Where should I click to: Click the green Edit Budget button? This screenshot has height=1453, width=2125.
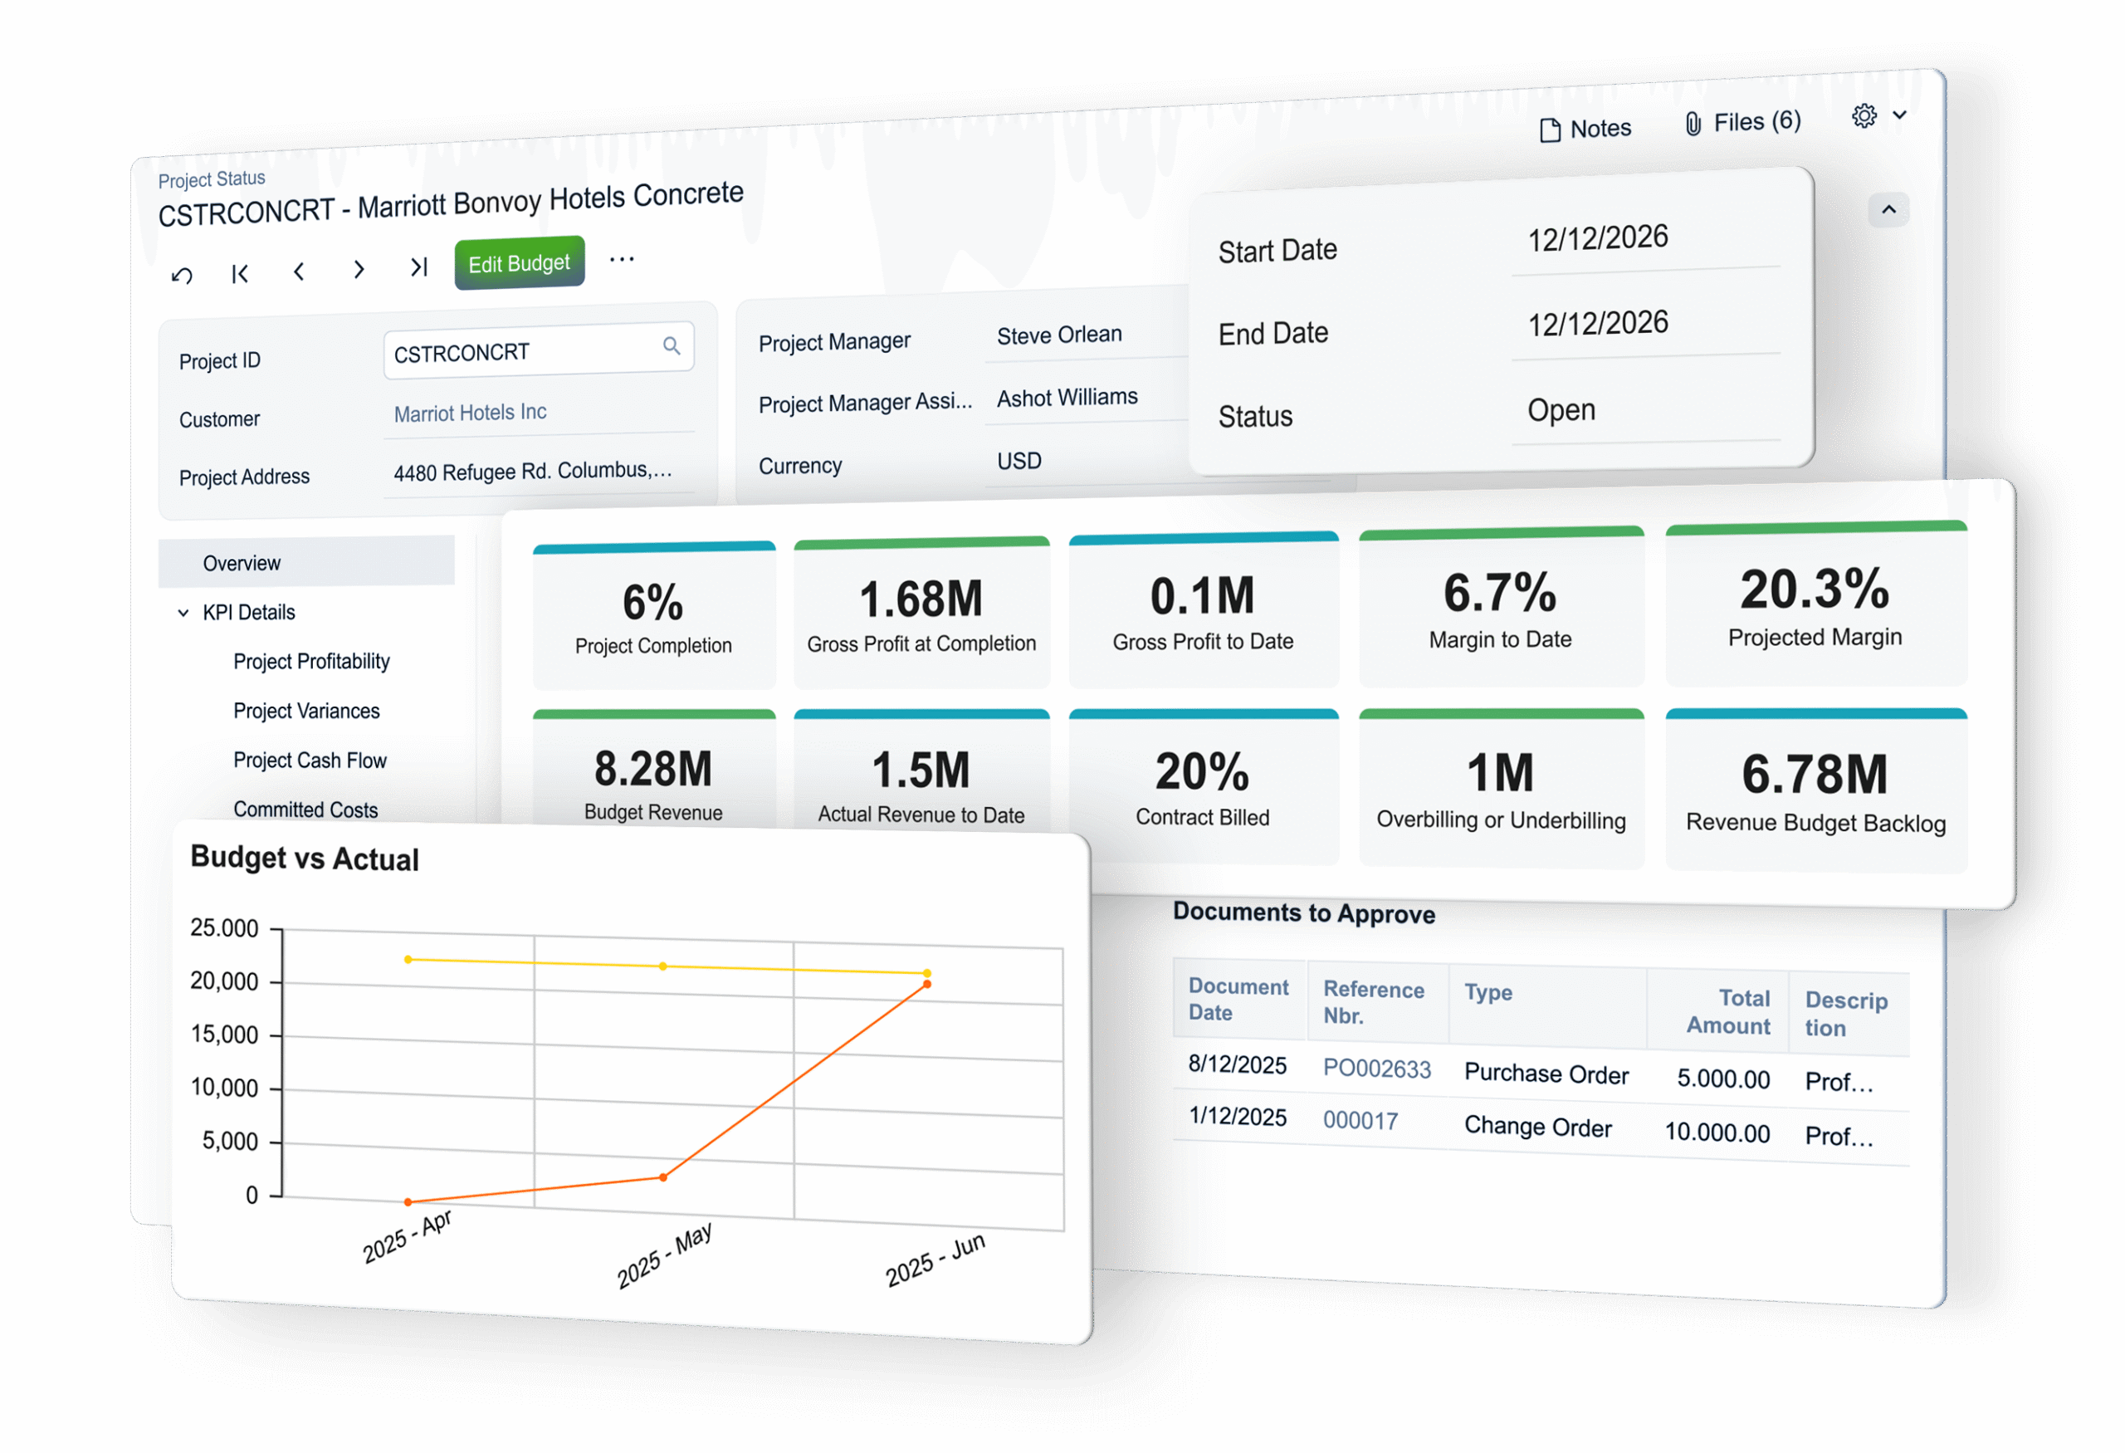[x=519, y=264]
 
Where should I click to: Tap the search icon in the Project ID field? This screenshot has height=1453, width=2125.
[x=672, y=345]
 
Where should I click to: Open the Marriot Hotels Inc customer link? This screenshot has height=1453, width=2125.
[x=470, y=413]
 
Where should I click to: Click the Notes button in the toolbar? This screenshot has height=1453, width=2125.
[x=1585, y=129]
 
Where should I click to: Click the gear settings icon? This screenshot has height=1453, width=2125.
[x=1864, y=116]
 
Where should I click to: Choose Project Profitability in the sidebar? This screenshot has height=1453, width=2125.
[x=311, y=661]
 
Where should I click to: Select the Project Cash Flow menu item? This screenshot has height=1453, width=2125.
[x=309, y=760]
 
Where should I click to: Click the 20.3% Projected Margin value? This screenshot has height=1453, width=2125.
[x=1814, y=590]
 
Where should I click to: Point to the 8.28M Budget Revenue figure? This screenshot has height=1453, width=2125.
[x=653, y=769]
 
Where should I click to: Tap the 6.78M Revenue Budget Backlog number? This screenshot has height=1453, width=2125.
[x=1814, y=775]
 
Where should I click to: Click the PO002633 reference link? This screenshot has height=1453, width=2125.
[x=1376, y=1068]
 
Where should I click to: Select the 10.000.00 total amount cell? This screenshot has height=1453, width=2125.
[x=1717, y=1132]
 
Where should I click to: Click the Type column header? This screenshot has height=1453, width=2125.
[x=1487, y=992]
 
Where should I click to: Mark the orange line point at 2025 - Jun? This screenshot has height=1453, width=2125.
[x=927, y=984]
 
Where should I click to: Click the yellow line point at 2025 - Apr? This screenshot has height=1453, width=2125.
[x=408, y=959]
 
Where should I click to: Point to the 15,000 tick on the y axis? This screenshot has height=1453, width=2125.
[x=224, y=1035]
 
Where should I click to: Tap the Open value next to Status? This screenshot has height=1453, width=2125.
[x=1561, y=409]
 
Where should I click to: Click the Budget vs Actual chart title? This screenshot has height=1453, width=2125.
[x=305, y=859]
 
